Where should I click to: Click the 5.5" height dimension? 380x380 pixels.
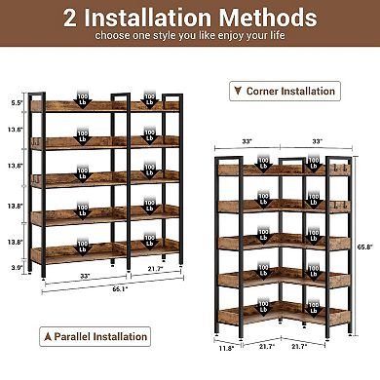(15, 102)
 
